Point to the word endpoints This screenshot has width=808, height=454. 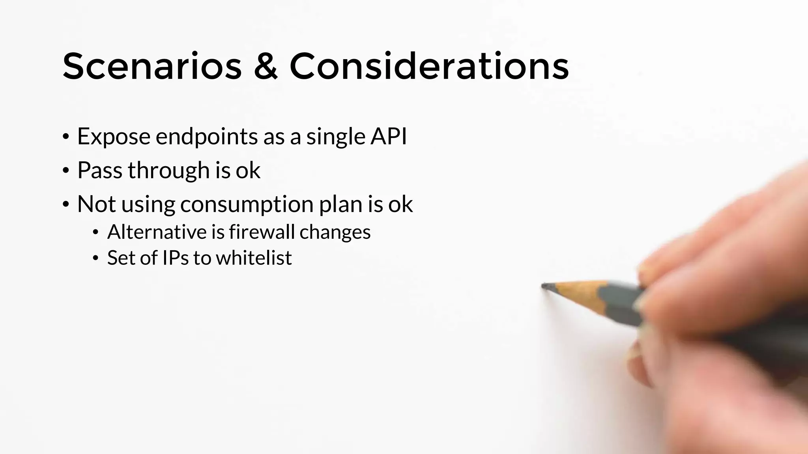(x=206, y=136)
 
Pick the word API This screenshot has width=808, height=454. (x=388, y=136)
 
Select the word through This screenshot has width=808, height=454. (x=169, y=170)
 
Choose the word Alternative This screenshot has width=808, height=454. (x=157, y=232)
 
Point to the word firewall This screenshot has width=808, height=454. (x=262, y=232)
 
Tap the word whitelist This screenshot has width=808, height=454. (x=254, y=258)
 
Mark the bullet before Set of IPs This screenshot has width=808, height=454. (x=95, y=259)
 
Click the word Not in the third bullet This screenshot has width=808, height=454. (x=96, y=204)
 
